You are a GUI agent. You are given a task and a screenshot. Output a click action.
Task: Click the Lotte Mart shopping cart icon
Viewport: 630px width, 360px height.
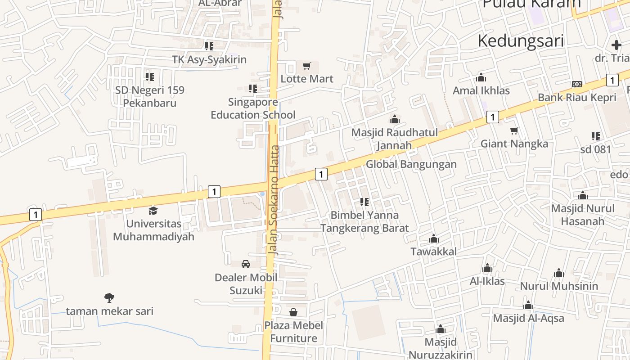[307, 66]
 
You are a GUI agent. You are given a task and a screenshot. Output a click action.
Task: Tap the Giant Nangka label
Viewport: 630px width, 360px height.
[514, 144]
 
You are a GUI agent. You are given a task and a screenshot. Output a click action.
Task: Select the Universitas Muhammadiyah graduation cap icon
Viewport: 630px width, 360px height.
[153, 211]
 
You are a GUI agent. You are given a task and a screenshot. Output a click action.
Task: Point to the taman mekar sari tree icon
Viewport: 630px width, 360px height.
[109, 297]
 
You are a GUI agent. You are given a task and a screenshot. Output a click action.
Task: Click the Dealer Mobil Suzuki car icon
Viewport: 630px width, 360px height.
[246, 264]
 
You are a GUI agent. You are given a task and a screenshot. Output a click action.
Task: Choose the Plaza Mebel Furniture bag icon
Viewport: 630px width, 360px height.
[293, 312]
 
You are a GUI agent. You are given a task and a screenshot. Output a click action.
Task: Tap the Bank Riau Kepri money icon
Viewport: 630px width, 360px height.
[577, 84]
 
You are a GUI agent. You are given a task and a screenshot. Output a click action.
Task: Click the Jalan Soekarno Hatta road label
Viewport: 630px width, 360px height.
[274, 200]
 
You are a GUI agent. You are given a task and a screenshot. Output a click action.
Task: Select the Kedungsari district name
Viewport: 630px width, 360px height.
[521, 40]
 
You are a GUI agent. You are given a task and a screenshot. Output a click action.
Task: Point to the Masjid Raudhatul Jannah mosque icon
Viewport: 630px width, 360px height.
[395, 119]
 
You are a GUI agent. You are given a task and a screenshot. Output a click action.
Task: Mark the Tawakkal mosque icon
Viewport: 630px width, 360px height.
[434, 238]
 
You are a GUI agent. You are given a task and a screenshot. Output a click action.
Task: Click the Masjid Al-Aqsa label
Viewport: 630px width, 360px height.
[528, 318]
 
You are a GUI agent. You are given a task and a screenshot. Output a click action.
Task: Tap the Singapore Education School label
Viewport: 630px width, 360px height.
[253, 108]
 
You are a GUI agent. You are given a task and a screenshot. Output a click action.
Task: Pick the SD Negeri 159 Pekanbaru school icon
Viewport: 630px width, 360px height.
[149, 77]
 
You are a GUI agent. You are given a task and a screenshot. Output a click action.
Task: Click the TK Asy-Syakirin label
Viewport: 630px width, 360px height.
[209, 59]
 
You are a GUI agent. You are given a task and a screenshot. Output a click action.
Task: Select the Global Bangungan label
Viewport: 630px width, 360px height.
[411, 164]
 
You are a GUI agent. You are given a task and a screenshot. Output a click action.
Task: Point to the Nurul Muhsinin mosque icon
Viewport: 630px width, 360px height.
[559, 273]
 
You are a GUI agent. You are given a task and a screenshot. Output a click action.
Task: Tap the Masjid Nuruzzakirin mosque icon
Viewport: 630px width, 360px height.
[441, 329]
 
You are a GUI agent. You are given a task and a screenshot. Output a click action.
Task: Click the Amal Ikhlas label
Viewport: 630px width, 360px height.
[481, 90]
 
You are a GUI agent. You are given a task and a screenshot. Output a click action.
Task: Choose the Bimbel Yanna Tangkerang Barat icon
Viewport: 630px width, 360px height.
[364, 202]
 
